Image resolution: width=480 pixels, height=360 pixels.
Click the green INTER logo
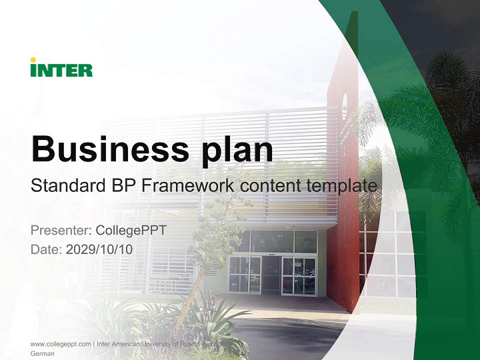(61, 69)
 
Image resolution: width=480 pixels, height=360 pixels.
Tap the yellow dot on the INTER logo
(33, 60)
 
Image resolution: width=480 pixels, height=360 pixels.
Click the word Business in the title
(106, 148)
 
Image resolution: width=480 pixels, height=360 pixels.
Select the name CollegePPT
(130, 230)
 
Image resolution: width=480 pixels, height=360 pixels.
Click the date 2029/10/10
(99, 249)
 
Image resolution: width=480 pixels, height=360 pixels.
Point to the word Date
(46, 249)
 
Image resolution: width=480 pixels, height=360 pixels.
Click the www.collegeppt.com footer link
(60, 344)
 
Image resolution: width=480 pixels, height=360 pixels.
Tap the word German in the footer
(42, 353)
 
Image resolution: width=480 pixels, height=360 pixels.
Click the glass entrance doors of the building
(272, 274)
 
